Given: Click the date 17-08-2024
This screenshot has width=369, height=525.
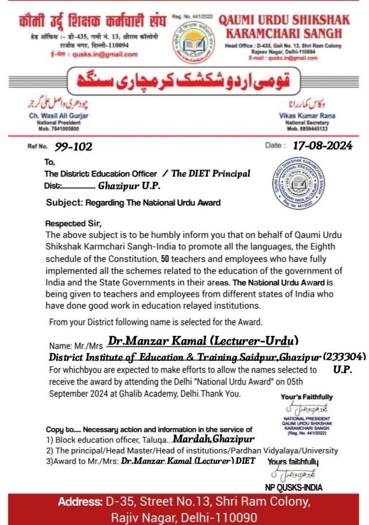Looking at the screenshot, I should [322, 146].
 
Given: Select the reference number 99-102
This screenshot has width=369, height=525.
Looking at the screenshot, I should [74, 147].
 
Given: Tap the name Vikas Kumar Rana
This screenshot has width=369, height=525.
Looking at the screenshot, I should [308, 116].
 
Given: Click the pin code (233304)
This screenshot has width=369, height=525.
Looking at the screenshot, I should [345, 357].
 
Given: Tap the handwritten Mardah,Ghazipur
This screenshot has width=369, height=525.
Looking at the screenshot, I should [213, 438].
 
